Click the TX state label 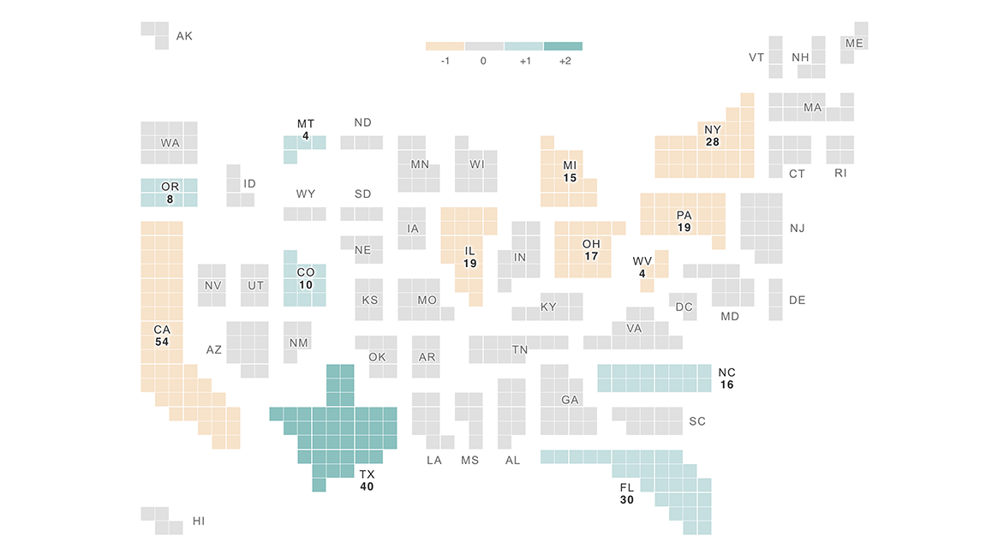tap(367, 474)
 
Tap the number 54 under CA tap(162, 342)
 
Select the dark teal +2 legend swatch tap(563, 46)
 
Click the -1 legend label tap(445, 62)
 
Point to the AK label tap(184, 36)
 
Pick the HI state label tap(198, 521)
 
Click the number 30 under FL tap(626, 499)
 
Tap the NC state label tap(726, 372)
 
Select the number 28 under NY tap(713, 142)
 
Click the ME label tap(854, 43)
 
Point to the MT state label tap(306, 124)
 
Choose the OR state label tap(170, 187)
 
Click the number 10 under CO tap(306, 284)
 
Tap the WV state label tap(642, 261)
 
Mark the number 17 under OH tap(591, 256)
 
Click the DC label tap(684, 307)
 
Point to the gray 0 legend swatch tap(484, 46)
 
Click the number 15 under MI tap(570, 177)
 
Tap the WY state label tap(306, 194)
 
